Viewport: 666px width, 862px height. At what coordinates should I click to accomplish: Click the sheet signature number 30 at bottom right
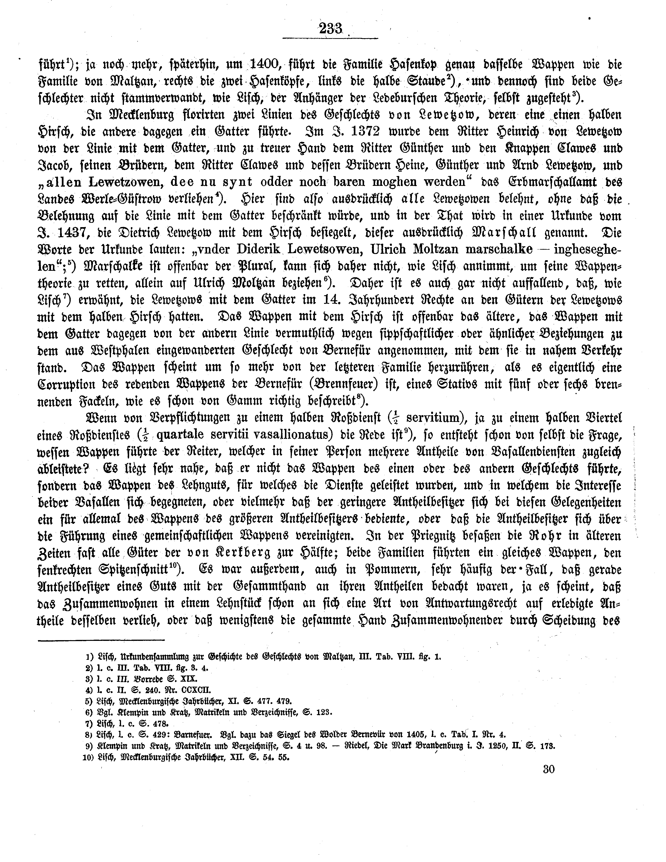549,780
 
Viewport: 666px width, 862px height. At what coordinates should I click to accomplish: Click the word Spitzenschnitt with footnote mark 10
133,570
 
